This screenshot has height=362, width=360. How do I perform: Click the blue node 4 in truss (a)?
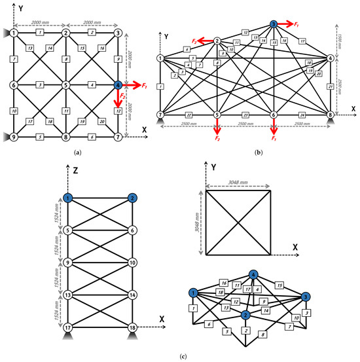117,85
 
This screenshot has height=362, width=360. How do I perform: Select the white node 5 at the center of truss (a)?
65,85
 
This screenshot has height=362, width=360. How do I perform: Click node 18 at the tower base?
132,327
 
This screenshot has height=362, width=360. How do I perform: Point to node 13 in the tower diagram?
67,295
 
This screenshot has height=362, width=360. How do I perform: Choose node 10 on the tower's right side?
132,262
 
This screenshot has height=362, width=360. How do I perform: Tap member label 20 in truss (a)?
101,122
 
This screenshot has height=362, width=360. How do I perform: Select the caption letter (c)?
179,355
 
